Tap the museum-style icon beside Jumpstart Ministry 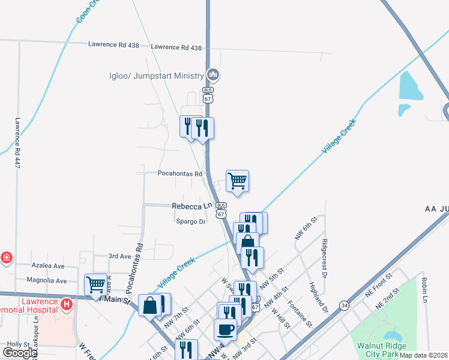tap(212, 75)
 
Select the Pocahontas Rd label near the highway tap(179, 173)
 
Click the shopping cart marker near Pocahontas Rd tap(238, 180)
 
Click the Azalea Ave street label tap(49, 265)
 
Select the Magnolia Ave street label tap(46, 280)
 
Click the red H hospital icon tap(67, 305)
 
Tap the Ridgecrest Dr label tap(325, 258)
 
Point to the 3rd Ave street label tap(119, 256)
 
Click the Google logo tap(20, 352)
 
